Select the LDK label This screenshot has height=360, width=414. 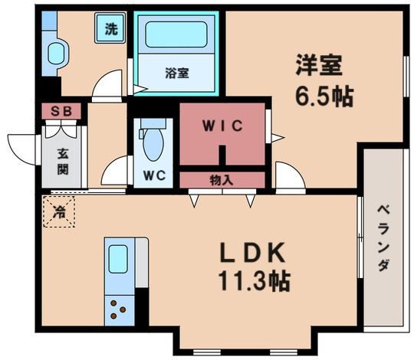[x=256, y=254]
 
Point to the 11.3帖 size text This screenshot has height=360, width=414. [x=256, y=281]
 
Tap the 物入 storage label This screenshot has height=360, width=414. [x=222, y=181]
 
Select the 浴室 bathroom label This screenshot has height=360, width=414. [x=176, y=74]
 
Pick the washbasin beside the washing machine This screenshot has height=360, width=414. [x=56, y=54]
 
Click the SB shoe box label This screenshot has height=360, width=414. [x=61, y=112]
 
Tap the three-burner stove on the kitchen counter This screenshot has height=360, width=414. [x=119, y=309]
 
